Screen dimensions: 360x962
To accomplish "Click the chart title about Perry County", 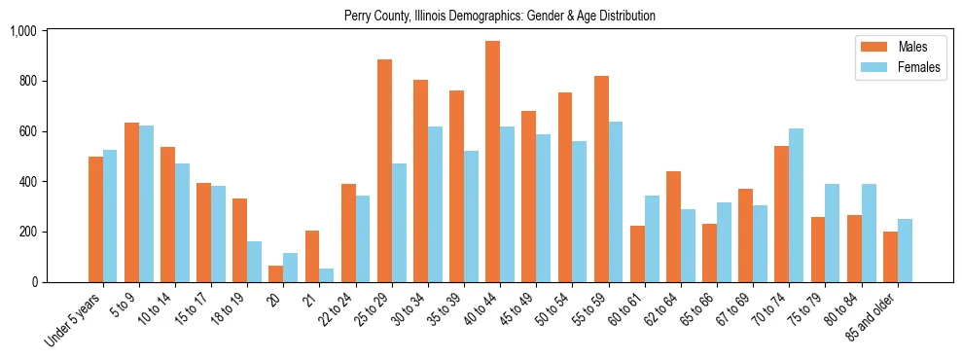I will click(500, 16).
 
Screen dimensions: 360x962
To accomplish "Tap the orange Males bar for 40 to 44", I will click(492, 162).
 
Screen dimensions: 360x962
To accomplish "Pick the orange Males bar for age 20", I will click(276, 273).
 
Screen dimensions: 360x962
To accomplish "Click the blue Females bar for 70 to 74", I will click(796, 205).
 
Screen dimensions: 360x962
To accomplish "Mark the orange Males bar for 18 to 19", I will click(239, 240).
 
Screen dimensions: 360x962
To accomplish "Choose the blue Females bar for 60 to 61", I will click(652, 238).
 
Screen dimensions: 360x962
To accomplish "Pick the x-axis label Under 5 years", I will click(77, 320).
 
